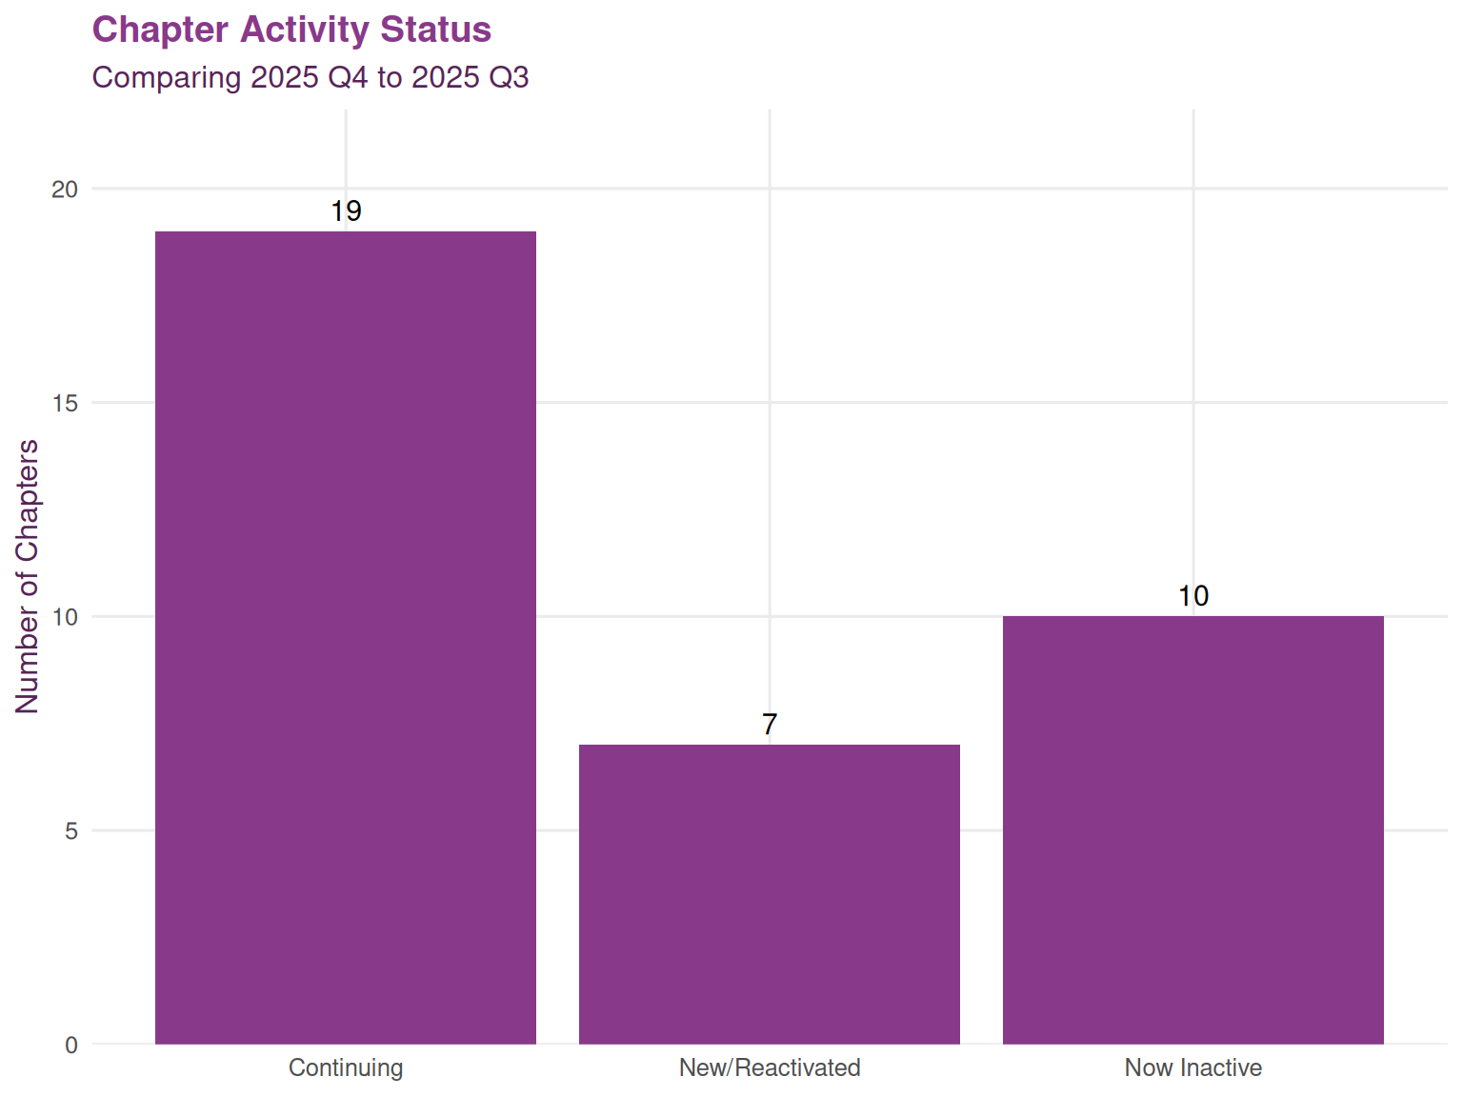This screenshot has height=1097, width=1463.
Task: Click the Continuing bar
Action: [x=346, y=637]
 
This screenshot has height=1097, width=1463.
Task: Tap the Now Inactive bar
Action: [x=1192, y=829]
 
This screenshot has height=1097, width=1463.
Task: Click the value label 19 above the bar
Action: [x=346, y=211]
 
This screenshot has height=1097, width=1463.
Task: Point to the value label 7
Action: [x=770, y=725]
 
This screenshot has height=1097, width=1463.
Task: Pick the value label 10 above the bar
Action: [x=1192, y=596]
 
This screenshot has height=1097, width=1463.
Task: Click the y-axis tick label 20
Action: [x=65, y=189]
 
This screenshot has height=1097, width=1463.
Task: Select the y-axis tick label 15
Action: [x=65, y=403]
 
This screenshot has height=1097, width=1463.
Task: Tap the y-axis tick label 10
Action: [x=65, y=617]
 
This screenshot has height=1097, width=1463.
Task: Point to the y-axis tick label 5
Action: [x=71, y=831]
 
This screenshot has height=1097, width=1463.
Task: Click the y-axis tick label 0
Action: [x=71, y=1045]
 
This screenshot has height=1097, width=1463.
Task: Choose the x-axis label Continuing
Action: [x=346, y=1067]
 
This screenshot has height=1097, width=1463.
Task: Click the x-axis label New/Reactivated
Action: [x=770, y=1067]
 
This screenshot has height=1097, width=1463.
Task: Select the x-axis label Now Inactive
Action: [x=1192, y=1067]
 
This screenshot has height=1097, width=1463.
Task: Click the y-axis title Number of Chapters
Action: [x=28, y=576]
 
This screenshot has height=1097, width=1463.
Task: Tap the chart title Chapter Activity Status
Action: [x=291, y=30]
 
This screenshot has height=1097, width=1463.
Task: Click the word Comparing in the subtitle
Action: [x=167, y=77]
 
